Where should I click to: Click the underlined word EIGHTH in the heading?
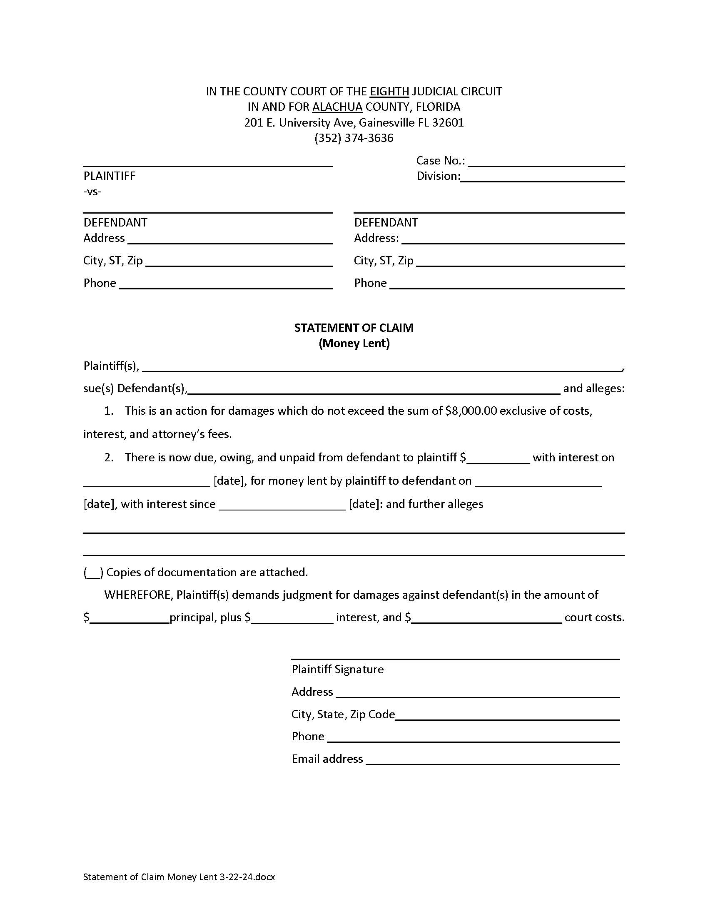tap(389, 92)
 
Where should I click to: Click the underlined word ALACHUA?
tap(337, 107)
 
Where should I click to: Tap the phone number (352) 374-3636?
tap(354, 138)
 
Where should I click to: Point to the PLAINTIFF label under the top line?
tap(110, 176)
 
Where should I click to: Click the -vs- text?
tap(92, 192)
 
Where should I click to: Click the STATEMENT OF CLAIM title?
tap(354, 328)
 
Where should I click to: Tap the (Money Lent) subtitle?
tap(354, 343)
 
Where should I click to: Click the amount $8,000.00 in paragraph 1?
tap(471, 411)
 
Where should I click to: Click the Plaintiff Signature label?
tap(338, 669)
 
